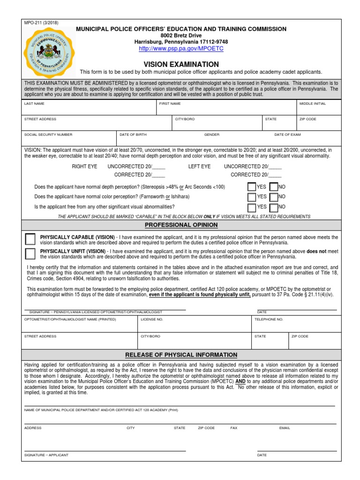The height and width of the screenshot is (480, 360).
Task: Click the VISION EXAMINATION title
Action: click(181, 64)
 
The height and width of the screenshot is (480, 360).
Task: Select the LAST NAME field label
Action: click(34, 104)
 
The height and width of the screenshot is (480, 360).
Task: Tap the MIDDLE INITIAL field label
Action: click(313, 104)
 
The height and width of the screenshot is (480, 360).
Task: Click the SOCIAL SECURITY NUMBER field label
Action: click(48, 135)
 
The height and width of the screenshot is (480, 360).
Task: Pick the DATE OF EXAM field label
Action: click(288, 135)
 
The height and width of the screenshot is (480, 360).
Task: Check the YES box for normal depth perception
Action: click(252, 187)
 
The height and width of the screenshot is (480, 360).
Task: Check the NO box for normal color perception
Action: click(274, 197)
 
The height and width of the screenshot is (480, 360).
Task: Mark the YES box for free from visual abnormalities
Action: click(252, 207)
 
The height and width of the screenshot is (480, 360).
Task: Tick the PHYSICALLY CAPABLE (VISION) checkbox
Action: click(30, 239)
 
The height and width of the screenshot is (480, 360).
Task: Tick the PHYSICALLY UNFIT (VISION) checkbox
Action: click(30, 254)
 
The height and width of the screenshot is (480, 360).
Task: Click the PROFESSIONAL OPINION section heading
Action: click(181, 225)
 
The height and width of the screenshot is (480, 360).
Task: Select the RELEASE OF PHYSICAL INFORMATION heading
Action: click(181, 355)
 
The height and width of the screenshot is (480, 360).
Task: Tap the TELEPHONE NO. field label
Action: click(269, 319)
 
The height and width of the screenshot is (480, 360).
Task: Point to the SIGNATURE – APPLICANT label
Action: click(46, 455)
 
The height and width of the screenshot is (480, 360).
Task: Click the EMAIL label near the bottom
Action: click(285, 428)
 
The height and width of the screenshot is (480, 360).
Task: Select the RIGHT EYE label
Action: click(84, 166)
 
